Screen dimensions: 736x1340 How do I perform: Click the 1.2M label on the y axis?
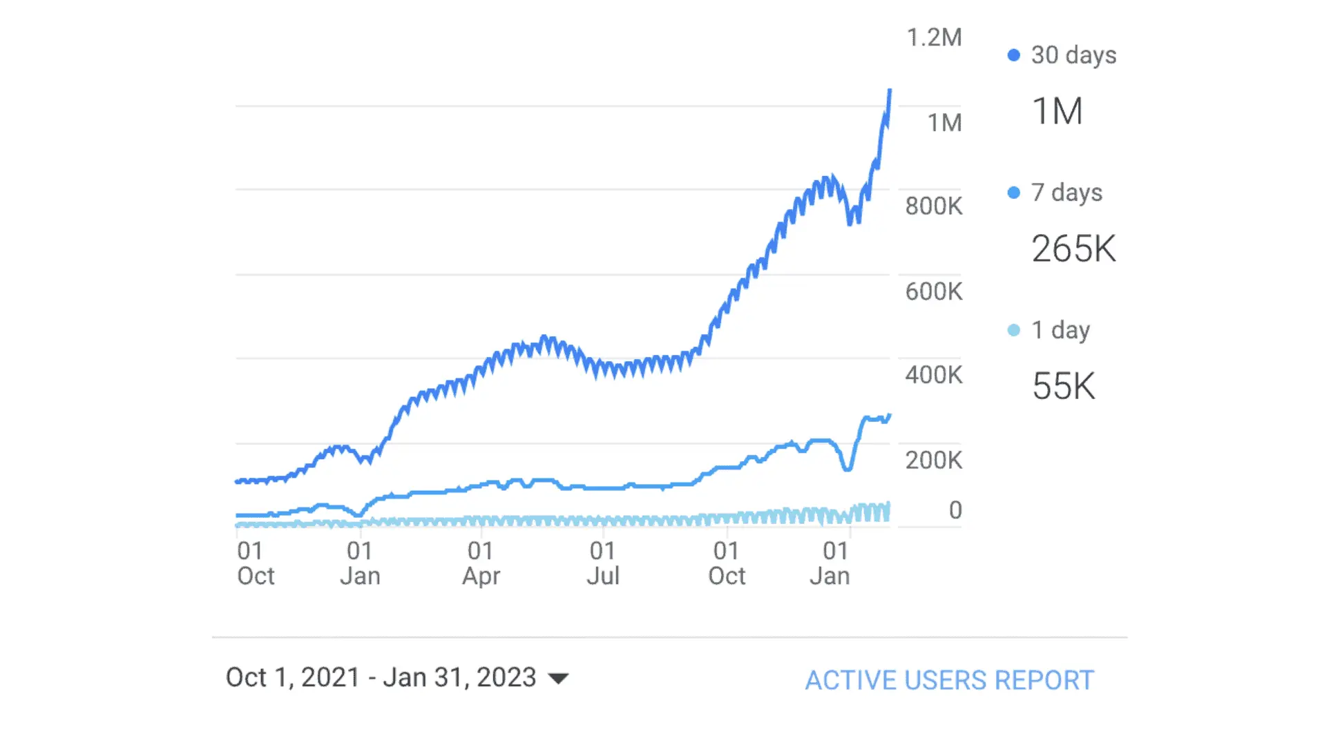pos(933,38)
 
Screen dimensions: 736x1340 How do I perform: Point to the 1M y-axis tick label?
pos(944,123)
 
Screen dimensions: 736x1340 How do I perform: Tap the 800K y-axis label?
pos(933,206)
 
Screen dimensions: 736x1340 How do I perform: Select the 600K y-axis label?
pos(933,291)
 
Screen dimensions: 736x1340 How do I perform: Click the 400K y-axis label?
pos(933,375)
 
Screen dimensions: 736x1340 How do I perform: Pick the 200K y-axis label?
pos(933,460)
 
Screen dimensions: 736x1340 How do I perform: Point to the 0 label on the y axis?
pos(955,510)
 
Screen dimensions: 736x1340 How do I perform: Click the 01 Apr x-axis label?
pos(481,563)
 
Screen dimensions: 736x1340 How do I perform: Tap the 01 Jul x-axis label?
pos(603,563)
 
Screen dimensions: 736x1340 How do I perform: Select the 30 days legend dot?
pos(1013,55)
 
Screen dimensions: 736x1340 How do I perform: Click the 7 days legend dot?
pos(1013,193)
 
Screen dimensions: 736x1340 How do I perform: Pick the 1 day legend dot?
pos(1013,330)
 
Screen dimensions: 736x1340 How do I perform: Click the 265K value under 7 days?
pos(1073,249)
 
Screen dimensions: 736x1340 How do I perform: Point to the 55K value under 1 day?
pos(1063,386)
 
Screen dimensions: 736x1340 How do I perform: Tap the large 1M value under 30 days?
pos(1057,111)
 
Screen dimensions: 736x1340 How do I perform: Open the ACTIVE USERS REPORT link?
pos(949,680)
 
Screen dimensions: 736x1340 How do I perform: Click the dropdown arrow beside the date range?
pos(558,679)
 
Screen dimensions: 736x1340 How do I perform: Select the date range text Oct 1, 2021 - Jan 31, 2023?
pos(381,677)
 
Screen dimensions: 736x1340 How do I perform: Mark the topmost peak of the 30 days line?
pos(890,90)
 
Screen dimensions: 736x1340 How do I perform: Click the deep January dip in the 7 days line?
pos(847,468)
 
